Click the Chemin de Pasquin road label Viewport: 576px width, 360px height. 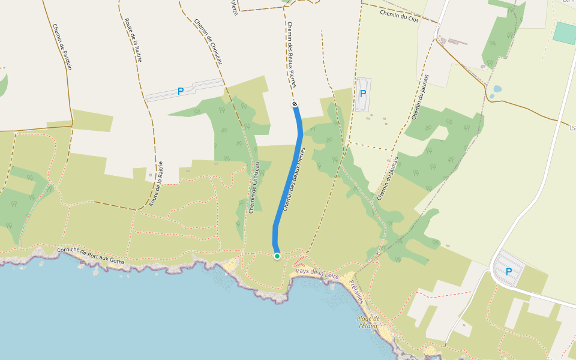[62, 47]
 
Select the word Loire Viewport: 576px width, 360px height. [332, 275]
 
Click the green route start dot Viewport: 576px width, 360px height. [277, 256]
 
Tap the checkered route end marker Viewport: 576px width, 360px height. [295, 105]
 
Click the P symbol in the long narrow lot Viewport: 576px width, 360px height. [180, 91]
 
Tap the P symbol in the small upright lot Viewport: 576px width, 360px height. [362, 93]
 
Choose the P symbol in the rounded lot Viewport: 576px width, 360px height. [509, 271]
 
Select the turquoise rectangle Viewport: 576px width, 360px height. [564, 32]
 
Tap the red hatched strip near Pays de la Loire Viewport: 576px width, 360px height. [300, 262]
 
